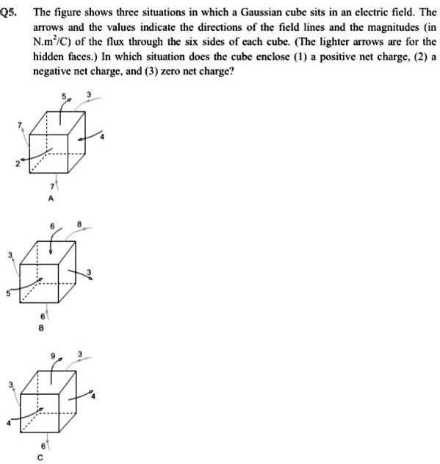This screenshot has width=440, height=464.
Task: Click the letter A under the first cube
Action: [51, 199]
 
